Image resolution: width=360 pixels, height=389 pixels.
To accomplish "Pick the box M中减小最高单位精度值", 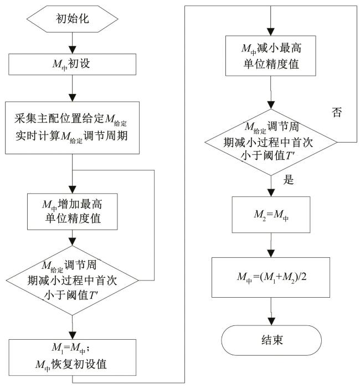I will click(x=270, y=55).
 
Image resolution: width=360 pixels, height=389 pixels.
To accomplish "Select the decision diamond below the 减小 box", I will click(x=270, y=141).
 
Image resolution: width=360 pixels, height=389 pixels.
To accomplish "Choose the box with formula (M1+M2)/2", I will click(x=270, y=273).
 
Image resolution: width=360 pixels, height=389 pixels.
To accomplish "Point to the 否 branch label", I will click(x=336, y=115).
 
